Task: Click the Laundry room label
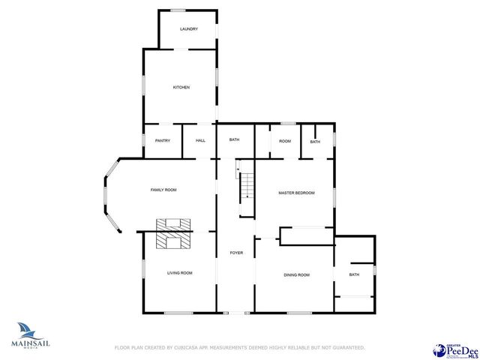tap(188, 29)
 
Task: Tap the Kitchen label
tap(181, 88)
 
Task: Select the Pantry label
tap(163, 141)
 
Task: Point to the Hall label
tap(200, 141)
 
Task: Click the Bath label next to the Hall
tap(234, 140)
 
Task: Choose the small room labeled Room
tap(285, 141)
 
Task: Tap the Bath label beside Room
tap(315, 142)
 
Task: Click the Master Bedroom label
tap(296, 193)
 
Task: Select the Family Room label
tap(163, 190)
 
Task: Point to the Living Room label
tap(179, 273)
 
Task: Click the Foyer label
tap(236, 253)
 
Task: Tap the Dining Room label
tap(296, 275)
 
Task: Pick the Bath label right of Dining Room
tap(354, 275)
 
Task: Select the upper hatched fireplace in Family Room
tap(174, 223)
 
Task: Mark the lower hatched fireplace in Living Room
tap(174, 240)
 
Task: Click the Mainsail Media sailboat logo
tap(31, 331)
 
